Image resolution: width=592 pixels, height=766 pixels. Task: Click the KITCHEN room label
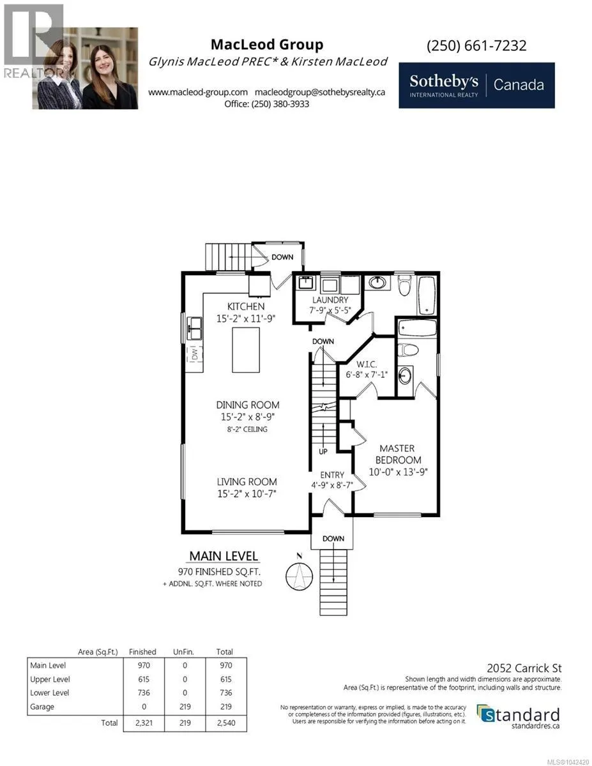point(245,306)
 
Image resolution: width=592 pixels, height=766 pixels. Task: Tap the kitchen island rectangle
point(246,350)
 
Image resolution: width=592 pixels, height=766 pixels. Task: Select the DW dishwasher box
point(195,354)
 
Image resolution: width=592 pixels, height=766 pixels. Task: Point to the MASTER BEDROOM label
point(398,454)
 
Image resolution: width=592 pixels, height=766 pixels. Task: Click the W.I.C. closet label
point(367,364)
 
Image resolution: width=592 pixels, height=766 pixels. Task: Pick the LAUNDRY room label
point(330,300)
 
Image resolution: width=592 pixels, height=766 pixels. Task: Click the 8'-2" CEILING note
point(247,429)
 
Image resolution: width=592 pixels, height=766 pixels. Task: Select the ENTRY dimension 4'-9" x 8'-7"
point(332,485)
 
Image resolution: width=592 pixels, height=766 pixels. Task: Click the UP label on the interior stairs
point(323,451)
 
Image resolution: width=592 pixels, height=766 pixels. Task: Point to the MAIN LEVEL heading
point(224,556)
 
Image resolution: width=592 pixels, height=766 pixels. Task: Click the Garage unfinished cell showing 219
point(185,707)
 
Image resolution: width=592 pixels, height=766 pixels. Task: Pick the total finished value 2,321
point(144,723)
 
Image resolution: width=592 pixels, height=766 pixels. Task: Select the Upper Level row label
point(50,679)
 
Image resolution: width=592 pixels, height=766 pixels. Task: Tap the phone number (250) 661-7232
point(476,45)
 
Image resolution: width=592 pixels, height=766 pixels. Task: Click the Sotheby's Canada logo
point(476,86)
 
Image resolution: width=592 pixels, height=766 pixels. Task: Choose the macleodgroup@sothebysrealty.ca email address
point(320,93)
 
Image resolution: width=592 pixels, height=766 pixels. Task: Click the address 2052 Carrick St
point(524,668)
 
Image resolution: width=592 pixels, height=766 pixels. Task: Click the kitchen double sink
point(195,329)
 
